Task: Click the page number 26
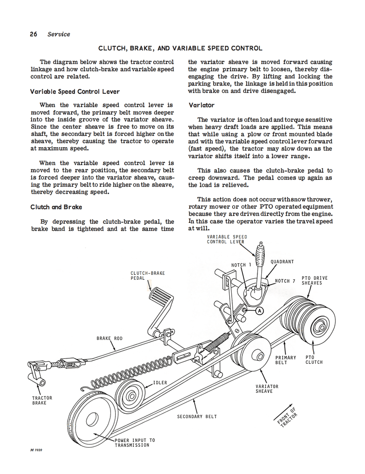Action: (34, 34)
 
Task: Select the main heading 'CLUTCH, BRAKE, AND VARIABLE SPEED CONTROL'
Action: (180, 49)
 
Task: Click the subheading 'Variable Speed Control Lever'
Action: (74, 92)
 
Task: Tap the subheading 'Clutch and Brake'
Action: (56, 207)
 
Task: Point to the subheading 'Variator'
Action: (201, 105)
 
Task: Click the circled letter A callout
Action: (259, 311)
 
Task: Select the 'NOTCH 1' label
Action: (241, 265)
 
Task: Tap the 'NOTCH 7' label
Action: (285, 281)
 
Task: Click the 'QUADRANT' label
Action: (282, 262)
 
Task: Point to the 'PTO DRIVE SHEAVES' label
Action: (314, 281)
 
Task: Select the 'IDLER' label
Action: (160, 383)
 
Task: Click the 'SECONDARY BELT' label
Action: (197, 417)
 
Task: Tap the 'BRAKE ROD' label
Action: (109, 339)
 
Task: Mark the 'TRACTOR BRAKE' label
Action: (42, 401)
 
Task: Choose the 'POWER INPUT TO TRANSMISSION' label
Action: (135, 443)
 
